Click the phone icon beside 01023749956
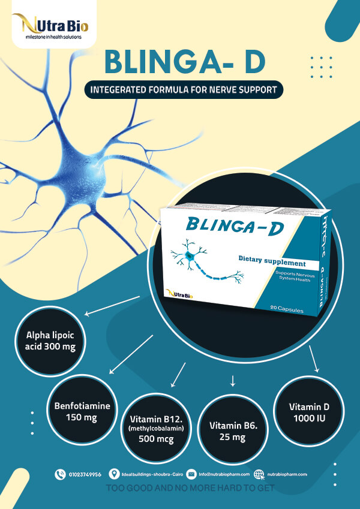[x=60, y=474]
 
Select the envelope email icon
[x=191, y=474]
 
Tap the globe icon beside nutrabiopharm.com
[x=259, y=474]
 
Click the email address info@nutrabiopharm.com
[x=223, y=474]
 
